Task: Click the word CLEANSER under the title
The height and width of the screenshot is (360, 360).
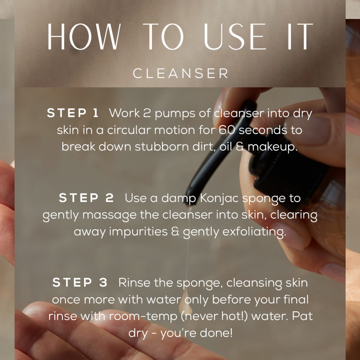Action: click(180, 73)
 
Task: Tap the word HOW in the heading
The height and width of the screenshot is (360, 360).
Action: click(84, 36)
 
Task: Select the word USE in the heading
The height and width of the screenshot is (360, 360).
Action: click(235, 36)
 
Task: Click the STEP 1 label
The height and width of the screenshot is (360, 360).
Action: click(73, 113)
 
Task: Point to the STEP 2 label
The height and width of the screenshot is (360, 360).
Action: click(86, 198)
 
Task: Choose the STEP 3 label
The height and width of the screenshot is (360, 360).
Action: click(80, 282)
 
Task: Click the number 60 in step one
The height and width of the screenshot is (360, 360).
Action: click(226, 130)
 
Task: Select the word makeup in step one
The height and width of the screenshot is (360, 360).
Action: click(272, 147)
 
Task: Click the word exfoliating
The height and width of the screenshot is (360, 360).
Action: click(255, 232)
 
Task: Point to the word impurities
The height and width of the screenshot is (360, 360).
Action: click(138, 232)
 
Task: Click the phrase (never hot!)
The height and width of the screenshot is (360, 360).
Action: click(215, 316)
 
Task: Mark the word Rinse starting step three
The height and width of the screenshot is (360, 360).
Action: click(134, 282)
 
